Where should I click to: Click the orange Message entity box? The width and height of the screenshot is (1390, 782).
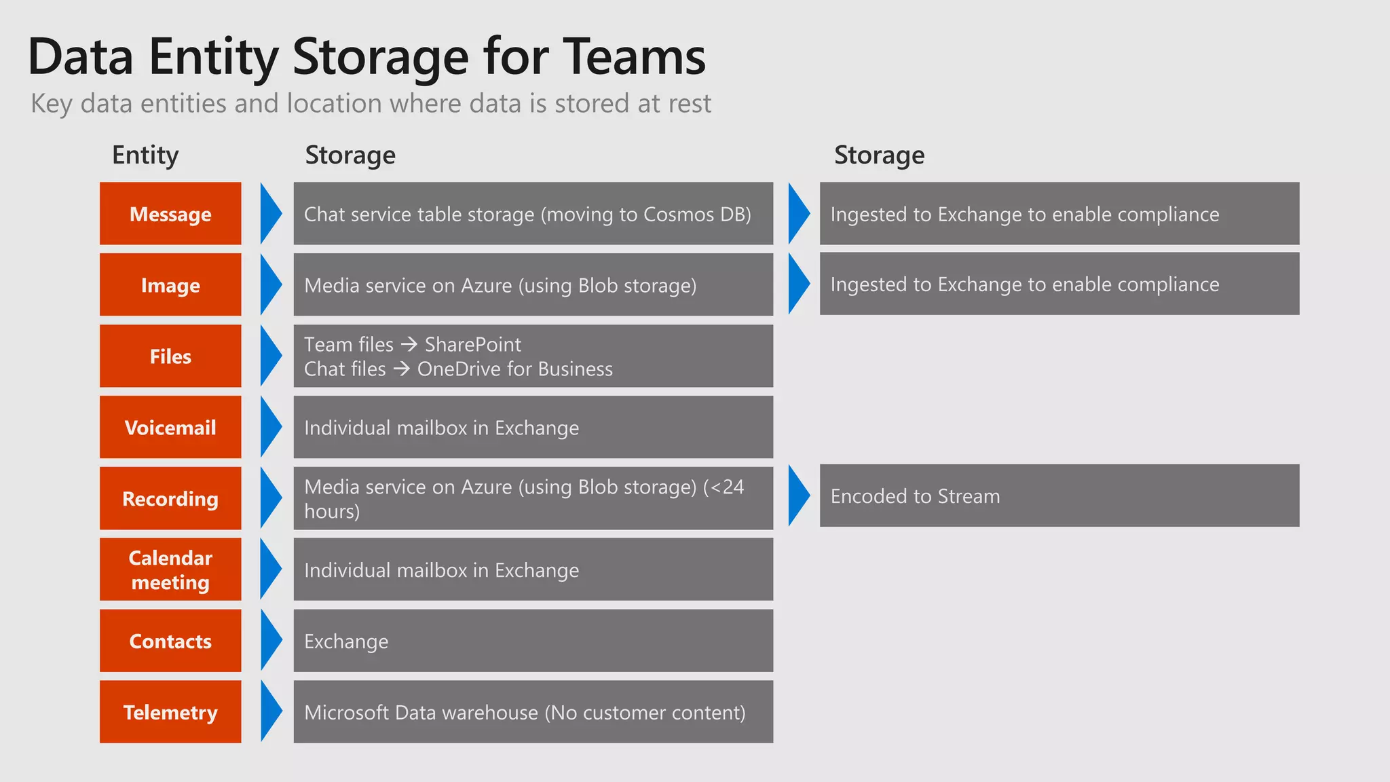point(170,214)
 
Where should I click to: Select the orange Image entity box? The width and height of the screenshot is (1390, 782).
point(170,285)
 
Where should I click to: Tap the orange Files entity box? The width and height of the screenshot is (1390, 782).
point(170,356)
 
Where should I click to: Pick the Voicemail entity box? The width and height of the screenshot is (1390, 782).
point(170,428)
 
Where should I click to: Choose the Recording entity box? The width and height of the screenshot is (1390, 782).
point(170,499)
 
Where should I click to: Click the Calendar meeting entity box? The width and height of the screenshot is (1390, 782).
point(170,570)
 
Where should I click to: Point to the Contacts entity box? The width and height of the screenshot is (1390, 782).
point(170,641)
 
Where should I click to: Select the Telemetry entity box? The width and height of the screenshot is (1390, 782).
point(170,712)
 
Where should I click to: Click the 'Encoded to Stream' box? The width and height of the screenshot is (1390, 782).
point(1059,496)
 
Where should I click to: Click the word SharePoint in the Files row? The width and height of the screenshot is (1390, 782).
point(472,345)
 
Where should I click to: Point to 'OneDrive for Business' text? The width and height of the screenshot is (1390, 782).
point(514,369)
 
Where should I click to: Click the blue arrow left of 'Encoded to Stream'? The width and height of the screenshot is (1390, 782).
point(799,496)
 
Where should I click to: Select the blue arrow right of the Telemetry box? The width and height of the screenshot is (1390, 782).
point(271,712)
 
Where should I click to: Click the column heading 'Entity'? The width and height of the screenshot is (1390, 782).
point(145,155)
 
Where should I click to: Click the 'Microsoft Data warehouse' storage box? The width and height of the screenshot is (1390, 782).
point(533,712)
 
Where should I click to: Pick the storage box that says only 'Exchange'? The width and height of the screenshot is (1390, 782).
point(533,641)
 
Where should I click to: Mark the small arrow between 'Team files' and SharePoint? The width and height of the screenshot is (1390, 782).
point(409,345)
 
